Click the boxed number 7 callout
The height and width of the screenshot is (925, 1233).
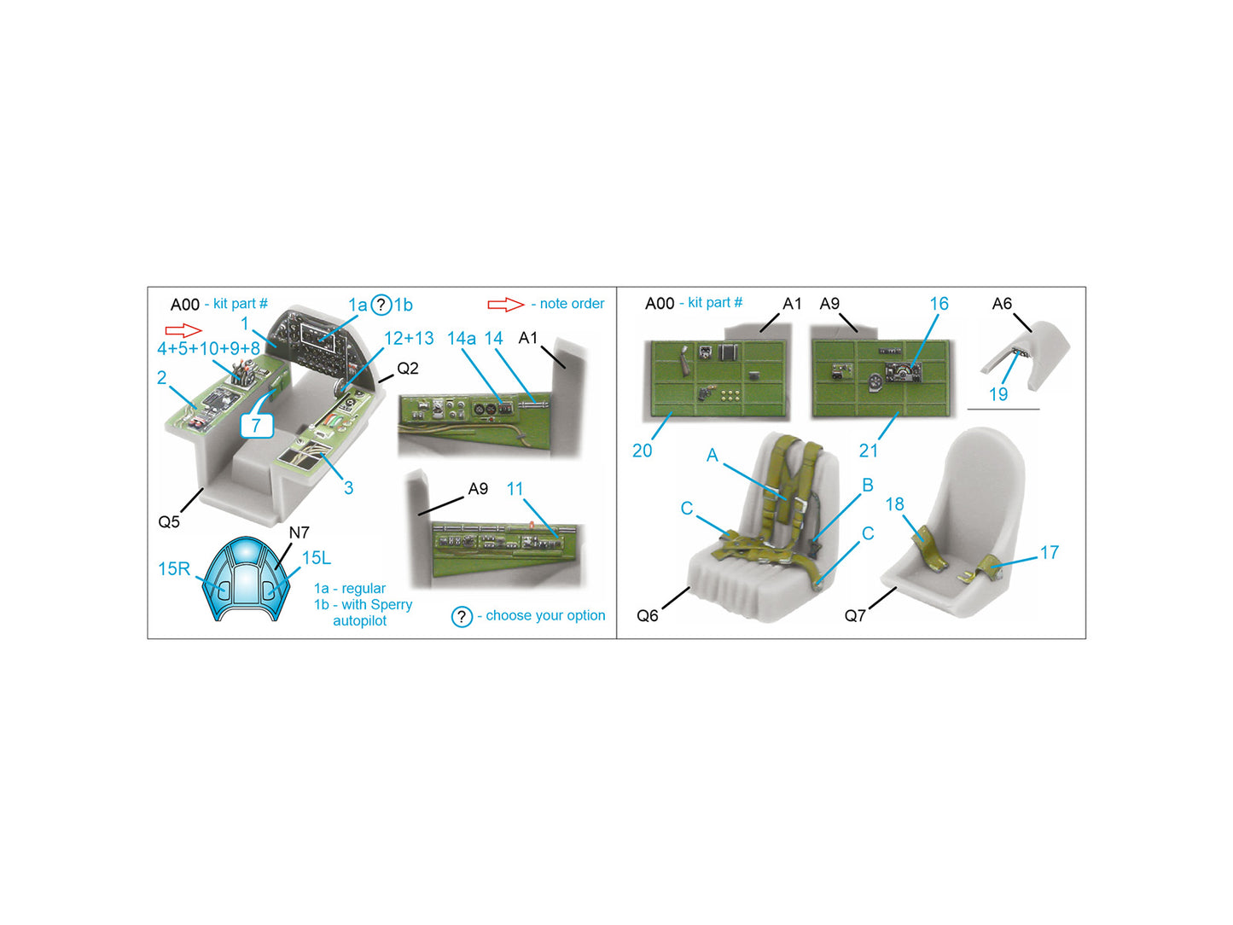(x=256, y=425)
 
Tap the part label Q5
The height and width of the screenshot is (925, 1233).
(x=168, y=521)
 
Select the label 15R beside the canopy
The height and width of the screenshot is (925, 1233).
(x=173, y=568)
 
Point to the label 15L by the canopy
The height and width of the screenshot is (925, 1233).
(x=317, y=558)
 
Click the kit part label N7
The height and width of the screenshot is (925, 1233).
(x=299, y=532)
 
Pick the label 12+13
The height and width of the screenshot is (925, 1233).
(x=409, y=338)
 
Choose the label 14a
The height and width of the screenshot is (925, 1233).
(x=461, y=338)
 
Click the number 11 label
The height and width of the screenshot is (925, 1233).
(x=515, y=489)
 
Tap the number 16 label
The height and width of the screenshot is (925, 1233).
(x=939, y=304)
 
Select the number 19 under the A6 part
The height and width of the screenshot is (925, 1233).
(x=998, y=394)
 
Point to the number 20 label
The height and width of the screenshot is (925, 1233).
(x=642, y=451)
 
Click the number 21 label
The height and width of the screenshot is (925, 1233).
(x=868, y=451)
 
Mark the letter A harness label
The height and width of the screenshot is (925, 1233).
(x=712, y=455)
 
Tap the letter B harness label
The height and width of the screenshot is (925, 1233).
(x=867, y=485)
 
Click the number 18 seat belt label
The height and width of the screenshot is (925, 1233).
(x=895, y=503)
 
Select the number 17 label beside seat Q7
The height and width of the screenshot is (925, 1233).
(x=1050, y=553)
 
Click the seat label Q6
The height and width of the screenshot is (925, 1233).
(x=647, y=615)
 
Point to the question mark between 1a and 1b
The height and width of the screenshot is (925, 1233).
(x=381, y=305)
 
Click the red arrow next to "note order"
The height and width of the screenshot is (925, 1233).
(x=505, y=305)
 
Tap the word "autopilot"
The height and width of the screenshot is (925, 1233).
(x=359, y=620)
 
